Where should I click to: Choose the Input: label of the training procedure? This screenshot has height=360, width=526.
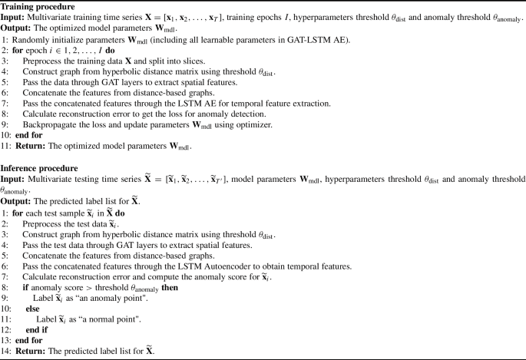[15, 18]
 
